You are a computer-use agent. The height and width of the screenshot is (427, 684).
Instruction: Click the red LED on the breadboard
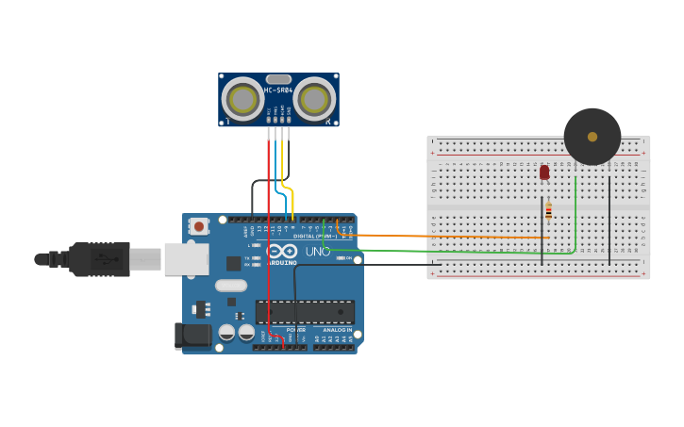(544, 172)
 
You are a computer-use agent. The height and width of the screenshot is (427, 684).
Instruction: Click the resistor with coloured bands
(548, 212)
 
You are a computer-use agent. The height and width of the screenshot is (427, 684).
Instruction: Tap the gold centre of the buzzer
(592, 137)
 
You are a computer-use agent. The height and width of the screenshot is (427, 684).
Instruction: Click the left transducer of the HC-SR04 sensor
(242, 99)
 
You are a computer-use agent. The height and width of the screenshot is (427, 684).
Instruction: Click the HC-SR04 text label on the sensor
(278, 90)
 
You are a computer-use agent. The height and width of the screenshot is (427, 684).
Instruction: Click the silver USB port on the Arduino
(186, 258)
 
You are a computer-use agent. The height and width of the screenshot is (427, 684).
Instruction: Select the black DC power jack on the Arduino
(192, 336)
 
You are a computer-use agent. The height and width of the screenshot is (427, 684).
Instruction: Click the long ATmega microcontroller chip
(306, 312)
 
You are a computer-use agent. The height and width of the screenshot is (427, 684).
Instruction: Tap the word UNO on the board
(318, 253)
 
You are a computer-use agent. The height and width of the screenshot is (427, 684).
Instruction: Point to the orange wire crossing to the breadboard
(453, 236)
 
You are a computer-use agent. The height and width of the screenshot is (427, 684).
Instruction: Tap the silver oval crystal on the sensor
(278, 79)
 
